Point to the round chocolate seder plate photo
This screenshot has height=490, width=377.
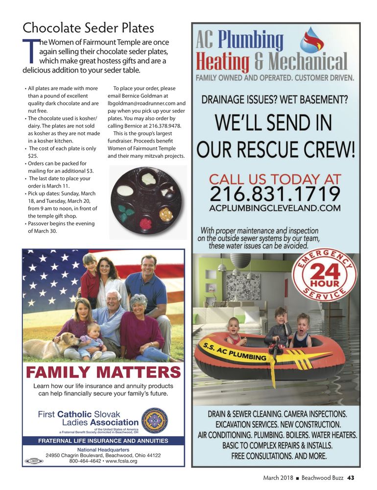tap(141, 200)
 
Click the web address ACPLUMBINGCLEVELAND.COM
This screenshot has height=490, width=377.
tap(275, 208)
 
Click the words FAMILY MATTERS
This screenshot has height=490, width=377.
tap(103, 372)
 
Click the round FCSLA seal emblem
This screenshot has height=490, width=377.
tap(155, 421)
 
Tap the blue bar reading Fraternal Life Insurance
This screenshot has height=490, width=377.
tap(103, 441)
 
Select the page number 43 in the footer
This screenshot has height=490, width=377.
tap(351, 478)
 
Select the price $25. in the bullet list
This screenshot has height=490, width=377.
tap(33, 156)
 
